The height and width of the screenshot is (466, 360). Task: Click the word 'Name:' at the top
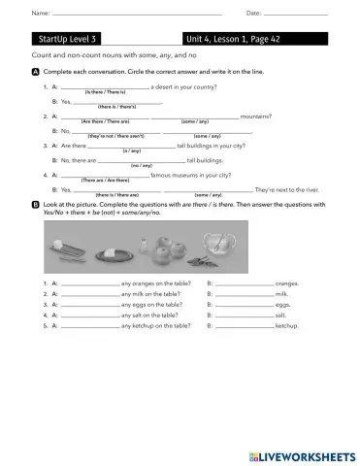pyautogui.click(x=41, y=13)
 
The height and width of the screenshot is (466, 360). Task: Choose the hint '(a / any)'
pyautogui.click(x=131, y=151)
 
